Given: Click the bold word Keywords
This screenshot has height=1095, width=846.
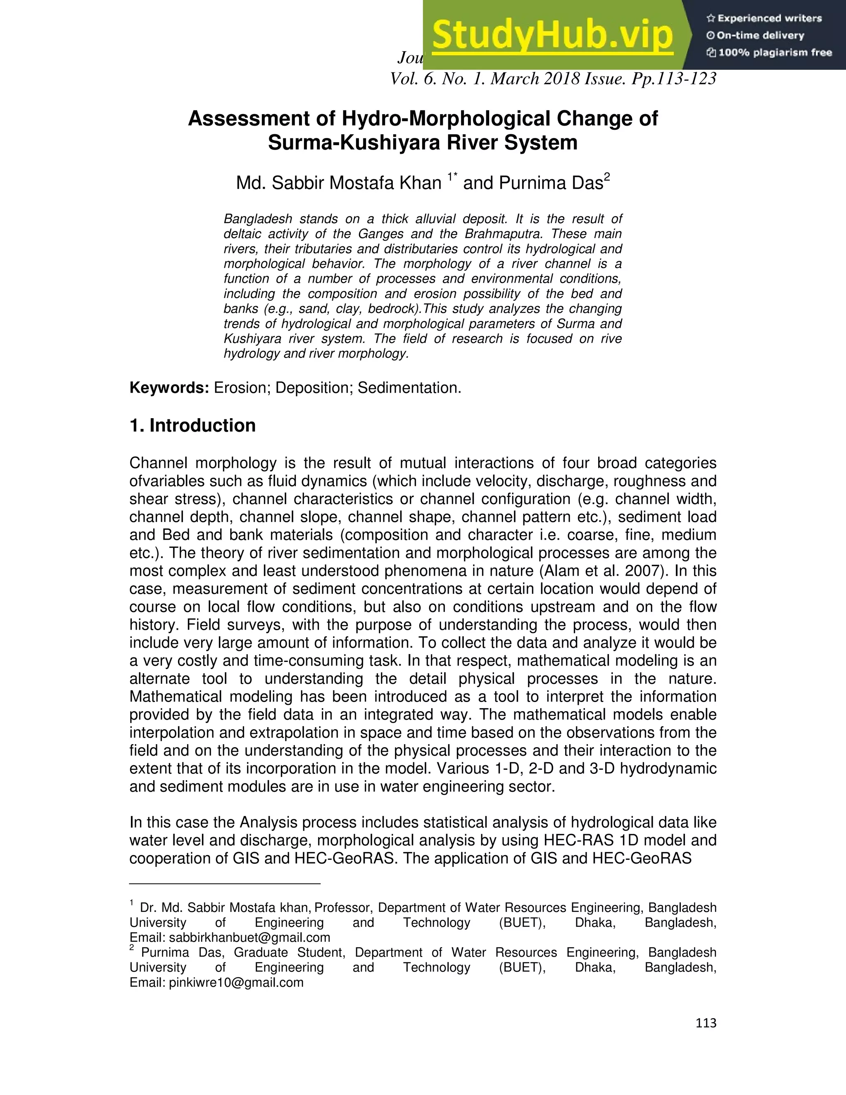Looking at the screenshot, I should tap(169, 388).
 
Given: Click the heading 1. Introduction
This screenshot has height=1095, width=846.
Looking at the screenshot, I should tap(192, 426).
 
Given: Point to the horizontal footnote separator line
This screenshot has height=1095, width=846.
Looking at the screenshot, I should tap(225, 883).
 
